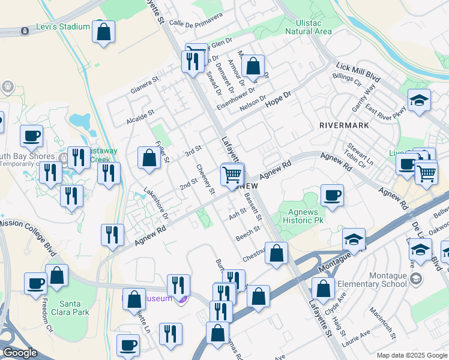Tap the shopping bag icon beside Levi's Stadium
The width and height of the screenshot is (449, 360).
(x=103, y=31)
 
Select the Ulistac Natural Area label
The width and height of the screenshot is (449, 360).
(x=309, y=26)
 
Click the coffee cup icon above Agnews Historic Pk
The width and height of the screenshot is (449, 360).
(x=331, y=195)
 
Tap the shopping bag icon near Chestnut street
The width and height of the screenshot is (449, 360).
(x=276, y=253)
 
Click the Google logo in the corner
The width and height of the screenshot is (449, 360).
(x=20, y=353)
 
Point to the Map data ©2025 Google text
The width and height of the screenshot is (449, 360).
(x=411, y=355)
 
